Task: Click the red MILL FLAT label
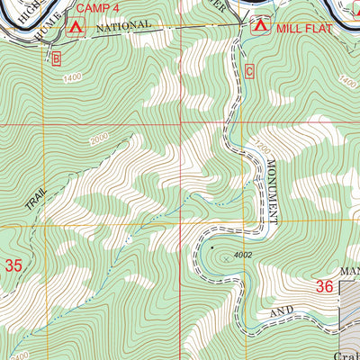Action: pyautogui.click(x=305, y=28)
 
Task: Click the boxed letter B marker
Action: pyautogui.click(x=56, y=59)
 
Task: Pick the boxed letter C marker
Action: pyautogui.click(x=249, y=70)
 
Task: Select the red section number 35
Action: pyautogui.click(x=13, y=265)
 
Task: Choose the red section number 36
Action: pyautogui.click(x=325, y=286)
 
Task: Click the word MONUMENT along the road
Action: pyautogui.click(x=271, y=191)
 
